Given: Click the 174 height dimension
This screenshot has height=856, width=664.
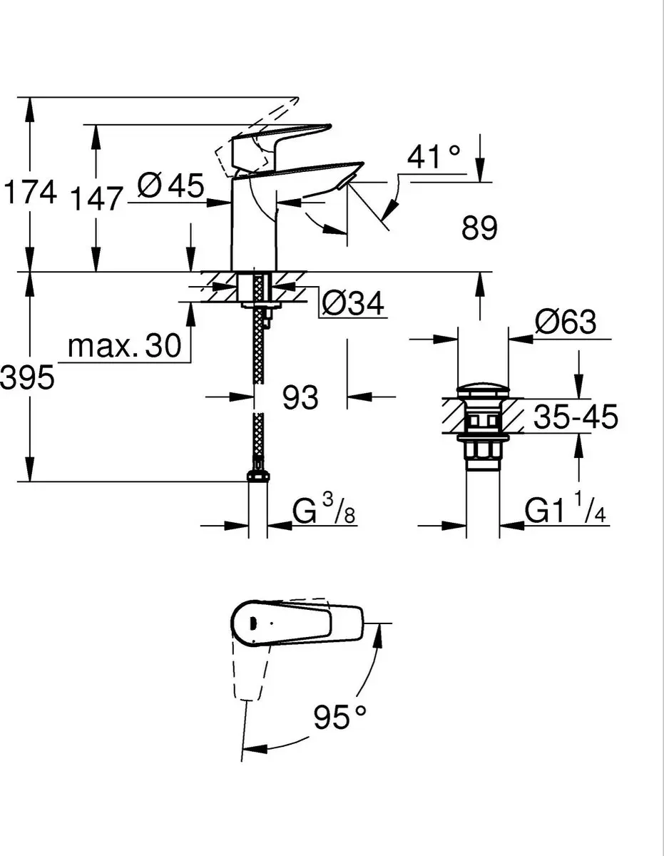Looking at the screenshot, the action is [x=29, y=191].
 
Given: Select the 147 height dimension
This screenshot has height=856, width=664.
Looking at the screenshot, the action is [x=96, y=199].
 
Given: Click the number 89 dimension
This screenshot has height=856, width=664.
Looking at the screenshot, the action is [x=479, y=228].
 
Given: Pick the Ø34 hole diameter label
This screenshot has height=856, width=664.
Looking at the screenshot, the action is [x=353, y=304].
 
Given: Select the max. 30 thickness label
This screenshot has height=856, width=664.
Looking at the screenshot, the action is [x=124, y=345].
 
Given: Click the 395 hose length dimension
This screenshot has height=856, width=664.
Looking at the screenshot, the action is [x=27, y=377].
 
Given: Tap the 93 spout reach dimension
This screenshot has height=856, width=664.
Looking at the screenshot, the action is [x=300, y=397].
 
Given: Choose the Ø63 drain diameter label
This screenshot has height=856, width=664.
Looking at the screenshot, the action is [x=566, y=322].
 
